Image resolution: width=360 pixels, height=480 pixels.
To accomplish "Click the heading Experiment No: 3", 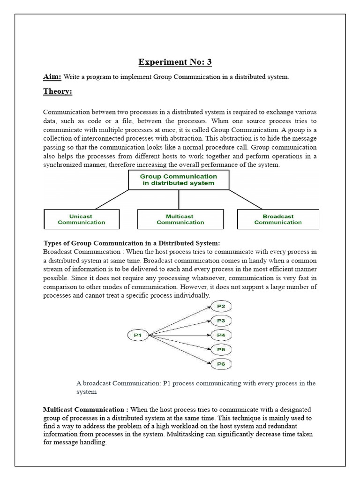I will pos(179,62).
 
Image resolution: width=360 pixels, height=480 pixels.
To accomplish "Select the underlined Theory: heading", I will pos(58,91).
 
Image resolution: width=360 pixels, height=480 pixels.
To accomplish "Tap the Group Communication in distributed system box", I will pos(179,180).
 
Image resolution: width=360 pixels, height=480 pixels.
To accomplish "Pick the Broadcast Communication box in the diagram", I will pos(278,219).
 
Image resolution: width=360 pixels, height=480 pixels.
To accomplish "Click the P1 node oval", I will pos(138,335).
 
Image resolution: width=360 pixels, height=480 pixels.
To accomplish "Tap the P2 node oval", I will pos(221,307).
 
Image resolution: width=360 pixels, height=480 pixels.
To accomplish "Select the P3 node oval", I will pos(221,321).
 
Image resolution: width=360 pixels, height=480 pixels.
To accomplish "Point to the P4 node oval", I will pos(221,335).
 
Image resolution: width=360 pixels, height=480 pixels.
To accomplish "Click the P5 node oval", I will pos(221,349).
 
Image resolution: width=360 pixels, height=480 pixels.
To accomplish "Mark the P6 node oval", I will pos(221,364).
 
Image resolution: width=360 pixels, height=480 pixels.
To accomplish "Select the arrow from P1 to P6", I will pos(178,350).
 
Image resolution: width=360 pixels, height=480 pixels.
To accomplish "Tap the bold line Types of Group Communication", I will pos(131,243).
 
